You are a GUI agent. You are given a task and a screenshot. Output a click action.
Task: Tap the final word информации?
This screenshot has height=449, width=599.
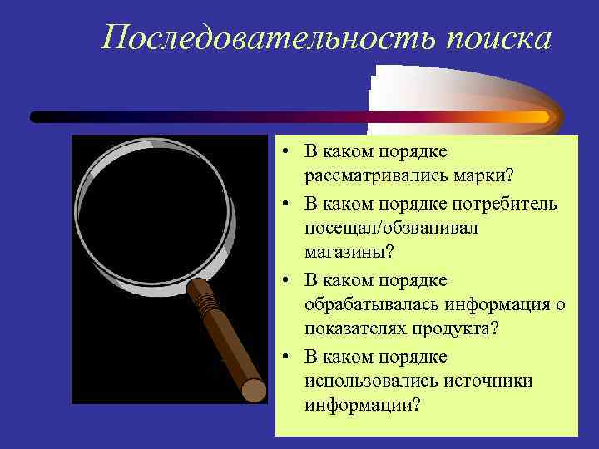362,403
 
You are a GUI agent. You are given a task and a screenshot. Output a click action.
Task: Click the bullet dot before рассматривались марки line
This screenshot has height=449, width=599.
285,151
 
